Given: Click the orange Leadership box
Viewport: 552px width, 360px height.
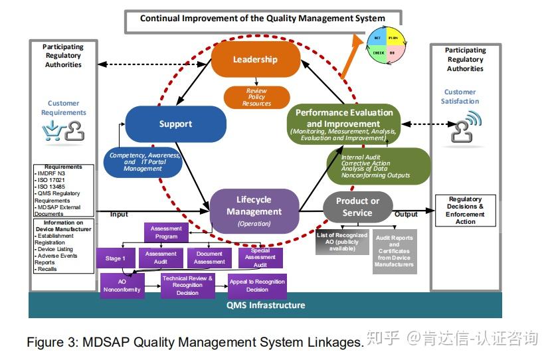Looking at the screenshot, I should (255, 60).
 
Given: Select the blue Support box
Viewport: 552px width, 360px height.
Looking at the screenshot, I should (175, 124).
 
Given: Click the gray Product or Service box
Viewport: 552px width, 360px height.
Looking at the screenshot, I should (357, 207).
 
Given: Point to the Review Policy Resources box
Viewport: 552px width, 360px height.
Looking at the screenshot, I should (256, 97).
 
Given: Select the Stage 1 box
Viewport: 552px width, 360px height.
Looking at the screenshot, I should (116, 258).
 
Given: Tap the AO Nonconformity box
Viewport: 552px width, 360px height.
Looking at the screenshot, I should (122, 286).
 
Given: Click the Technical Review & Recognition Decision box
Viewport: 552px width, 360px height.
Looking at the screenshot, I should (187, 286).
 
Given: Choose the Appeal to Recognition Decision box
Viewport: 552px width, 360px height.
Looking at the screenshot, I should (257, 286).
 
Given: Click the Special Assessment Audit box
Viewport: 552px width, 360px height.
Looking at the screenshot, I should (260, 258).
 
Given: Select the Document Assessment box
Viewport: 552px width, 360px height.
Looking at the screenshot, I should (209, 258).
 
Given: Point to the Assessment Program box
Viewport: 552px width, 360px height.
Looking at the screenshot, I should (166, 232).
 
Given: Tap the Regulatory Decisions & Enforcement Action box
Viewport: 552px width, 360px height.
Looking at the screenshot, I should (465, 210).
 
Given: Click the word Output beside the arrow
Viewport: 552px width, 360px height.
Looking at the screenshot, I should (406, 214).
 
